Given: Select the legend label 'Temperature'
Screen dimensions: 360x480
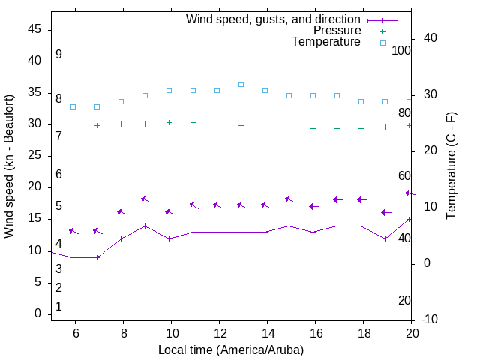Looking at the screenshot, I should tap(326, 42).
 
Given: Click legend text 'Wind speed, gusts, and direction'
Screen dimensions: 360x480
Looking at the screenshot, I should tap(274, 19).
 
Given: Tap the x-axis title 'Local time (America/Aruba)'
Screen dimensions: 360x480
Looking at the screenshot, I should tap(231, 349).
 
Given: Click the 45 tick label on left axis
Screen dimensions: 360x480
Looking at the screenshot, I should tap(34, 29).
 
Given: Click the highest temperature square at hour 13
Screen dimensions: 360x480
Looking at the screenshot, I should tap(241, 84).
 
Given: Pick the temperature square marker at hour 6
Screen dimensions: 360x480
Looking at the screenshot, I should tap(73, 106).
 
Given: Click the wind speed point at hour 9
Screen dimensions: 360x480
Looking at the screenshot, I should tap(145, 226).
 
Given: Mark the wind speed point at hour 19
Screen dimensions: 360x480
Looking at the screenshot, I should tap(385, 238).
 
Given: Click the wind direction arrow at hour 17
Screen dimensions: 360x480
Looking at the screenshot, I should tap(337, 199).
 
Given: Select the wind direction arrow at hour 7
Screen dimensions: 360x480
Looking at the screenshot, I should tap(97, 231).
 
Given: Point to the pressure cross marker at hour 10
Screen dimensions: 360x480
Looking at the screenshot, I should tap(169, 122).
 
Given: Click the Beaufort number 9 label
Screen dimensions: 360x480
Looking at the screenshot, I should tap(58, 55).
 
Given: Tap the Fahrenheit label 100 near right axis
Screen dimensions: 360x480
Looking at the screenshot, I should tap(401, 50).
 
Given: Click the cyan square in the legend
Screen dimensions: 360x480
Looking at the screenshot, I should tap(382, 43).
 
